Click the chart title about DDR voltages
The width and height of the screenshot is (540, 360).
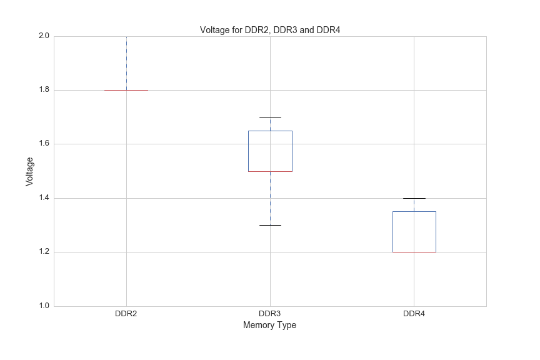pyautogui.click(x=270, y=30)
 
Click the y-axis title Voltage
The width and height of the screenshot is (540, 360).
pyautogui.click(x=29, y=171)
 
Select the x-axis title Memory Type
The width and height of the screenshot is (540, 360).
pyautogui.click(x=269, y=326)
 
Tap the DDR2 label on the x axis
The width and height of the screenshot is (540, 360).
pyautogui.click(x=126, y=313)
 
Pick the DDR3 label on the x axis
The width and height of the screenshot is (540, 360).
pyautogui.click(x=270, y=313)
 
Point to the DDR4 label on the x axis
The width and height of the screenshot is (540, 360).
pyautogui.click(x=414, y=313)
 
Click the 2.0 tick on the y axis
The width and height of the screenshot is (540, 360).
pyautogui.click(x=43, y=36)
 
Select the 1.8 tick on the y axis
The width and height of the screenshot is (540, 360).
pyautogui.click(x=43, y=90)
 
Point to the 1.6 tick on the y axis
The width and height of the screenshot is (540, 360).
pyautogui.click(x=43, y=144)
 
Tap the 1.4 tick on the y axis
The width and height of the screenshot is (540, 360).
pyautogui.click(x=43, y=198)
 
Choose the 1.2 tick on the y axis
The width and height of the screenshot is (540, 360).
pyautogui.click(x=43, y=252)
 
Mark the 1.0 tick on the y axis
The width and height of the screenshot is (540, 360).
pyautogui.click(x=43, y=306)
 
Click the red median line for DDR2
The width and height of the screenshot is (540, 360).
pyautogui.click(x=126, y=90)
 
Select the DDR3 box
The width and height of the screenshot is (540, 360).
pyautogui.click(x=270, y=151)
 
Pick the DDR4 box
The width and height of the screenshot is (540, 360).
pyautogui.click(x=414, y=232)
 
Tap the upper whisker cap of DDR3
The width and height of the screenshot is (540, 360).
pyautogui.click(x=270, y=117)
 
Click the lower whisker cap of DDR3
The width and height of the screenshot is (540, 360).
pyautogui.click(x=270, y=225)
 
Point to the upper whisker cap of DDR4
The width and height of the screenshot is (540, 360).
pyautogui.click(x=414, y=198)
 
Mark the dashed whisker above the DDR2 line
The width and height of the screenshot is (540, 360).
pyautogui.click(x=126, y=62)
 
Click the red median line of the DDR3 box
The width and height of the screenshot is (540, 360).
pyautogui.click(x=270, y=171)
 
